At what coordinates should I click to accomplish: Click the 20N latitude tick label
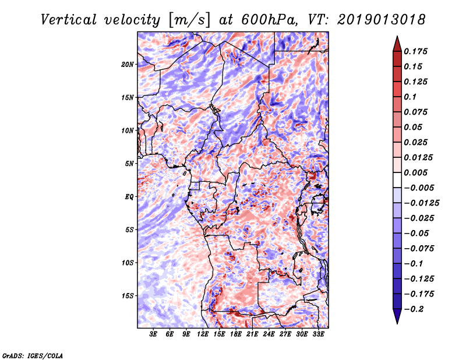click(x=128, y=64)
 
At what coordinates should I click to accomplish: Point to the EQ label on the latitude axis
click(x=129, y=197)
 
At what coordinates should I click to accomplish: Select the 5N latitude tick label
click(x=129, y=164)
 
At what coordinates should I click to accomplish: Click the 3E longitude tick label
click(x=153, y=334)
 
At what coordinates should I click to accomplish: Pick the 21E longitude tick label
click(x=252, y=334)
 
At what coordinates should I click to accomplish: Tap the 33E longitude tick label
click(x=318, y=334)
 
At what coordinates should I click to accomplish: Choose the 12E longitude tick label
click(x=202, y=334)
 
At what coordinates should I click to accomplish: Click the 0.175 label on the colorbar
click(x=416, y=51)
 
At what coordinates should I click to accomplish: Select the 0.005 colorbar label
click(x=416, y=172)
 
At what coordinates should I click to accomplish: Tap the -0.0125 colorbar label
click(x=422, y=203)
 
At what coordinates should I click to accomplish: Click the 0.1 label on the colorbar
click(x=410, y=97)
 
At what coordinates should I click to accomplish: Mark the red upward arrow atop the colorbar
click(x=397, y=44)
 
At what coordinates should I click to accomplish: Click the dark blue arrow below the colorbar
click(x=397, y=316)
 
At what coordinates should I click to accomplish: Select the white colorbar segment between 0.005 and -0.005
click(x=397, y=180)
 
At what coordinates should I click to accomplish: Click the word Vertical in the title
click(x=69, y=20)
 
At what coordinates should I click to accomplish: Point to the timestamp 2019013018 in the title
click(x=382, y=20)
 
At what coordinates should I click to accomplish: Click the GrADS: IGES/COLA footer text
click(x=33, y=355)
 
